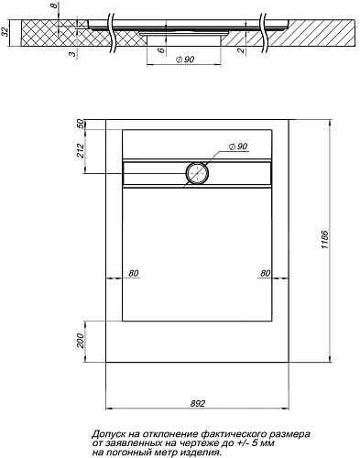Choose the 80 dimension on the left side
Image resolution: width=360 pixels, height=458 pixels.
[134, 273]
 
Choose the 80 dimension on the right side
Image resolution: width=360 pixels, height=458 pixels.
[264, 273]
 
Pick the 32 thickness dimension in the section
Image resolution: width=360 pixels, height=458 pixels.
[6, 36]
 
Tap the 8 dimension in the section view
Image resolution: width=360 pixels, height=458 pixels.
[54, 8]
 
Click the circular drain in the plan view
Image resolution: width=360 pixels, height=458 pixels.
[198, 171]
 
